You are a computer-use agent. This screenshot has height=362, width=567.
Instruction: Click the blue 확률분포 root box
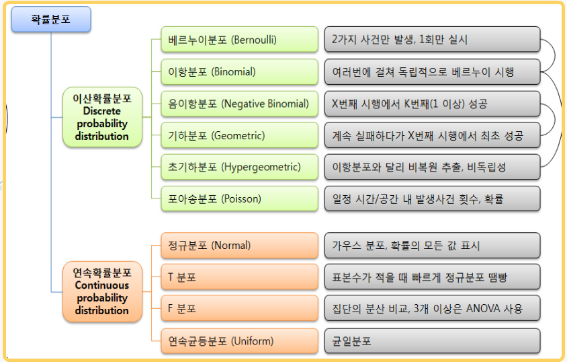tap(51, 20)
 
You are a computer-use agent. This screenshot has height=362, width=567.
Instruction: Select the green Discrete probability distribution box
tap(102, 117)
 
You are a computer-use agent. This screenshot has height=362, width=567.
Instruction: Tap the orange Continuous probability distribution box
tap(102, 291)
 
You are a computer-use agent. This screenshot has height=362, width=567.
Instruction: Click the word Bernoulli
tap(254, 40)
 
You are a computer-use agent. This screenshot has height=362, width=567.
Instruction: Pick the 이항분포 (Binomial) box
tap(239, 72)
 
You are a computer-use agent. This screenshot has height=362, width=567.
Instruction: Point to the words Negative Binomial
tap(265, 104)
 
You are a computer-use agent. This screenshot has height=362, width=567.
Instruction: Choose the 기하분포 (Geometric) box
tap(239, 135)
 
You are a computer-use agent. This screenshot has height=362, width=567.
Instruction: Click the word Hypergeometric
tap(261, 167)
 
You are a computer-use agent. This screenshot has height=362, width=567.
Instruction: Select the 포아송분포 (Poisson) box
tap(239, 198)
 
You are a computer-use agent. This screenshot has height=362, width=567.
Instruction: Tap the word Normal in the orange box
tap(230, 246)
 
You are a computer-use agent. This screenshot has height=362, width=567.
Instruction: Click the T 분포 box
tap(239, 277)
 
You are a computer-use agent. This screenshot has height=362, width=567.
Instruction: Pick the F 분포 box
tap(239, 308)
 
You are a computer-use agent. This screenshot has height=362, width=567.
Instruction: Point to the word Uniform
tap(253, 341)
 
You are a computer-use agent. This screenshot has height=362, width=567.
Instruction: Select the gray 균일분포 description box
tap(433, 341)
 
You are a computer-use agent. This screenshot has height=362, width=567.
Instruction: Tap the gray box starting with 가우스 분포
tap(433, 246)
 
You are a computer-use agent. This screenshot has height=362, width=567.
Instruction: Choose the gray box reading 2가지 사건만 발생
tap(433, 39)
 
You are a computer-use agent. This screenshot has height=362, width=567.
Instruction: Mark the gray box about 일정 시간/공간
tap(433, 198)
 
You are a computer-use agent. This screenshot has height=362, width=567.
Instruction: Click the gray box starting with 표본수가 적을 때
tap(433, 277)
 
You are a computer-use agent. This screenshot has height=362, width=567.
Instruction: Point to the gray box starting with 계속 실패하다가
tap(433, 135)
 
